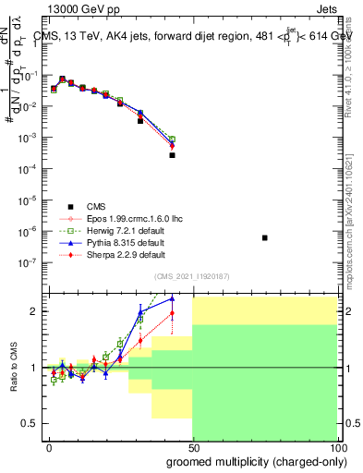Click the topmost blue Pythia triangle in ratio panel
pos(172,298)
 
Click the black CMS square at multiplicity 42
pos(172,155)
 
